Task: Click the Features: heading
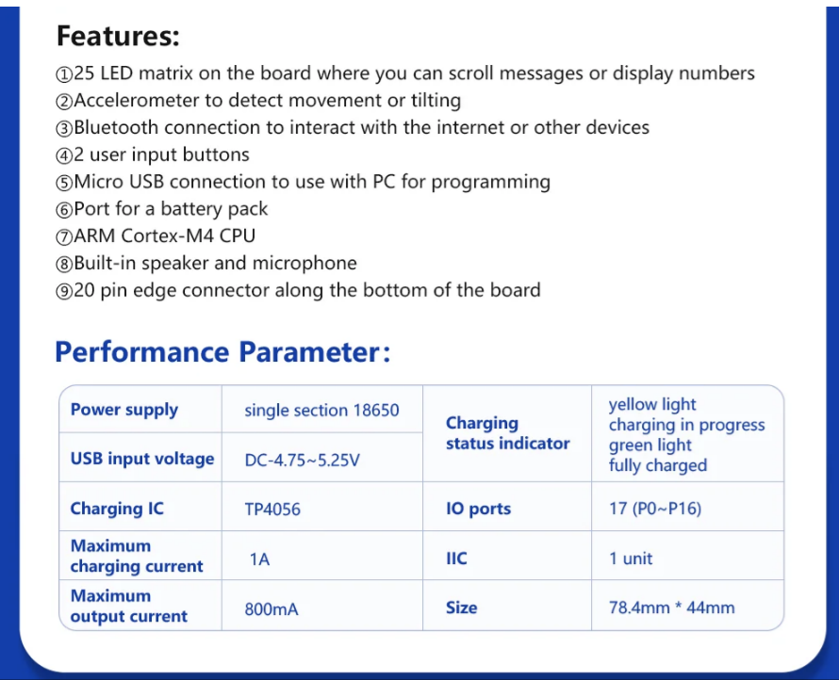[118, 37]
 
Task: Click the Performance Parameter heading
[222, 352]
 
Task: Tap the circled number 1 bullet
[64, 74]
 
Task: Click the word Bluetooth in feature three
[116, 127]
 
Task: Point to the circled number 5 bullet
[64, 183]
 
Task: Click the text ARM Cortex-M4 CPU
[164, 235]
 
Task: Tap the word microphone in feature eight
[304, 264]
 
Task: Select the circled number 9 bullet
[64, 291]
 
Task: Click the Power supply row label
[124, 410]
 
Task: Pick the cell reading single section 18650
[321, 410]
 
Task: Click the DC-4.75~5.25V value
[303, 460]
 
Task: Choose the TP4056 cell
[272, 509]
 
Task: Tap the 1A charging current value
[259, 559]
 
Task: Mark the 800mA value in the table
[271, 609]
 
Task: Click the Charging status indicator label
[508, 433]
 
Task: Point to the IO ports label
[478, 509]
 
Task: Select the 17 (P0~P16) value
[655, 509]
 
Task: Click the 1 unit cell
[631, 559]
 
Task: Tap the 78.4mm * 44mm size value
[671, 607]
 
